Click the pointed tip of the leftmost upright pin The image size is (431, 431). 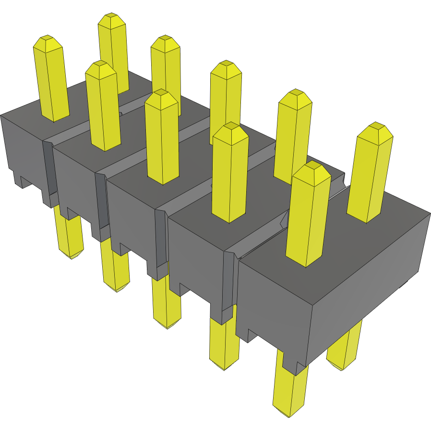(47, 39)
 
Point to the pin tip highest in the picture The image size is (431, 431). (111, 17)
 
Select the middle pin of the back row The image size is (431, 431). (226, 96)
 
